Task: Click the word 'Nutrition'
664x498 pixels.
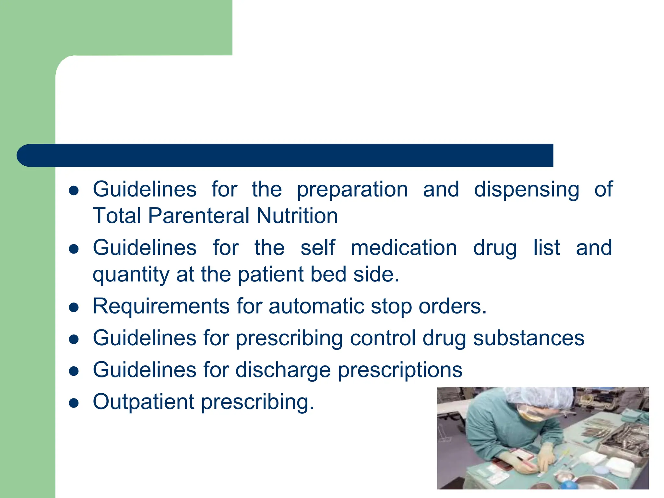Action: [x=297, y=216]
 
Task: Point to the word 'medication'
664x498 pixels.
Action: [x=404, y=248]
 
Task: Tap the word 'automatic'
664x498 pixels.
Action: [x=316, y=306]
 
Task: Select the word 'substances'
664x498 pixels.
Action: [x=528, y=338]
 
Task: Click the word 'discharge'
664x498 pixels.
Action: [x=283, y=370]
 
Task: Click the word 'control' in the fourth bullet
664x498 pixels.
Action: [x=383, y=338]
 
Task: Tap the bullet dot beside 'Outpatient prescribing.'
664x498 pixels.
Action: [x=74, y=403]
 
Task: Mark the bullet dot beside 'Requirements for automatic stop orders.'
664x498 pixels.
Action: [x=74, y=307]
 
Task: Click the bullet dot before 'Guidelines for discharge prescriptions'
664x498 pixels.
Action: [x=74, y=371]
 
